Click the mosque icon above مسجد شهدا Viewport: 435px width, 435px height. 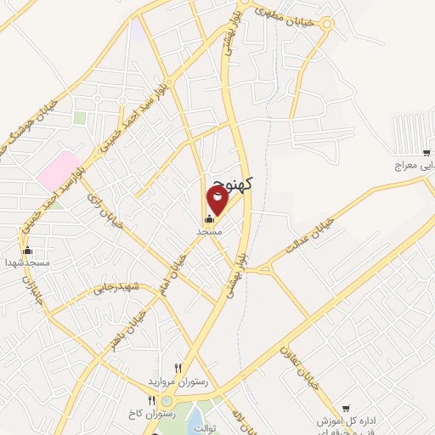(27, 250)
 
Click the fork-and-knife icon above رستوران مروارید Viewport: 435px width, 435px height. (178, 368)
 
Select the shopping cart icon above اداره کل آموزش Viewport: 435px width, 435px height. (346, 409)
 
